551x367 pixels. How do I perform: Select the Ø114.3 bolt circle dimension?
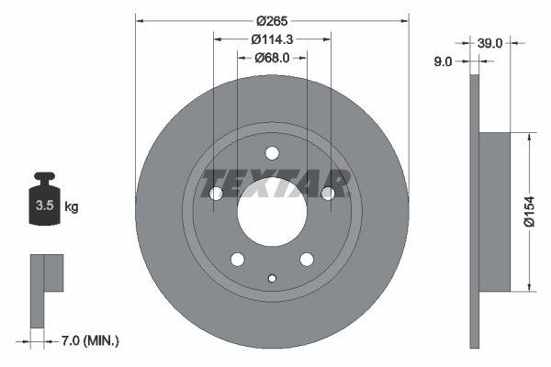click(x=272, y=39)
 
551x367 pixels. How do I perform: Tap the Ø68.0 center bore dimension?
click(x=272, y=58)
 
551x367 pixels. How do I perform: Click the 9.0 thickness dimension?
click(x=442, y=62)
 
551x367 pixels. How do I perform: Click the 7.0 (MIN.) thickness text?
click(x=89, y=340)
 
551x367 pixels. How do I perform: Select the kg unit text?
click(x=72, y=207)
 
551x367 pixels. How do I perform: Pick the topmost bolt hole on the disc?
click(x=272, y=154)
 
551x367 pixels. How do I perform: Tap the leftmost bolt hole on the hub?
click(x=216, y=194)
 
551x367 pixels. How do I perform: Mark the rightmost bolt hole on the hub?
click(x=328, y=194)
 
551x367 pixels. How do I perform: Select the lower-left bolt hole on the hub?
click(x=238, y=260)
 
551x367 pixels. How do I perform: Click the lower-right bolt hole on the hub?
click(x=306, y=260)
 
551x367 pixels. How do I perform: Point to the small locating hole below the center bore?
click(x=272, y=278)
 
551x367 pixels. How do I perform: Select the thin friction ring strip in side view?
click(x=474, y=211)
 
